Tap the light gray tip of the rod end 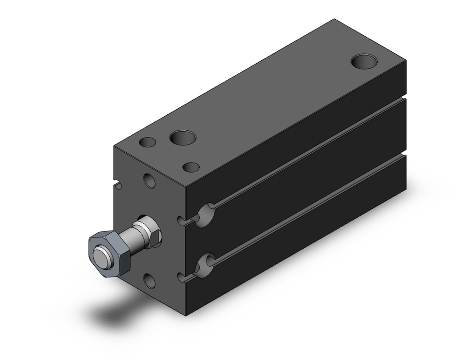tap(100, 257)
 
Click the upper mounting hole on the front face tap(150, 181)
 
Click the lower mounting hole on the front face tap(149, 280)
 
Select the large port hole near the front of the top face tap(183, 138)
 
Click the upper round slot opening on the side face tap(205, 215)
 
